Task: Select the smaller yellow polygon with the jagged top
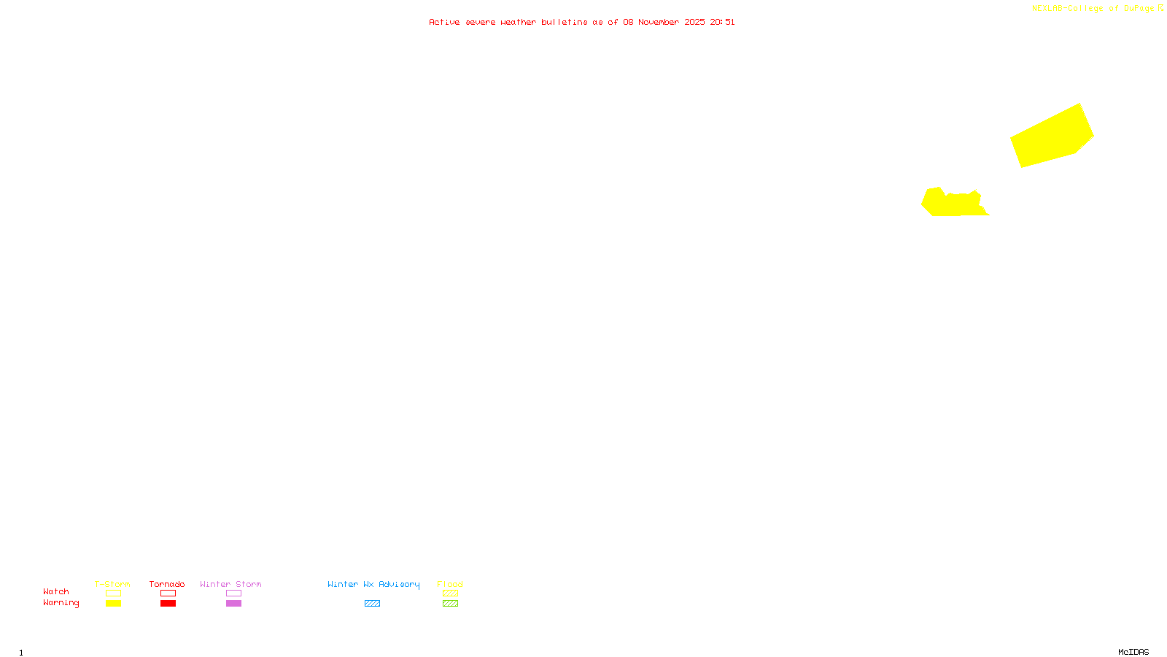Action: click(x=953, y=204)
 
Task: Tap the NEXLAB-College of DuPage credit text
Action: click(x=1093, y=8)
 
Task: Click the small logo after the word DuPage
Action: click(x=1160, y=8)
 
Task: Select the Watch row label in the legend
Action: click(x=56, y=591)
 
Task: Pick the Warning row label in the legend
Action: click(x=61, y=603)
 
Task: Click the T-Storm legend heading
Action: click(x=112, y=584)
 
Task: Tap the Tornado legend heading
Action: click(x=167, y=584)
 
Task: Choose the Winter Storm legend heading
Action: click(x=230, y=584)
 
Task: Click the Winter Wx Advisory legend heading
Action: click(x=373, y=584)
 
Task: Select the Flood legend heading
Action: click(x=450, y=584)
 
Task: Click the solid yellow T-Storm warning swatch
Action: click(x=113, y=604)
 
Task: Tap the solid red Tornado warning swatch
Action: click(x=168, y=604)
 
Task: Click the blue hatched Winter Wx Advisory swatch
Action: click(x=372, y=604)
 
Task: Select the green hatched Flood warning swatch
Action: click(x=450, y=604)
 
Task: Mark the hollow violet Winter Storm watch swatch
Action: click(x=233, y=593)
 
